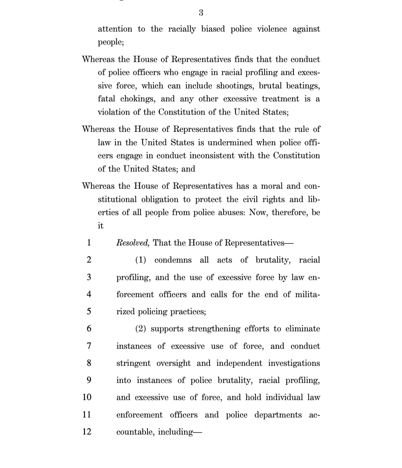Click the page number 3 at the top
pyautogui.click(x=201, y=13)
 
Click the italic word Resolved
pyautogui.click(x=133, y=243)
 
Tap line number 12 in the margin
pyautogui.click(x=87, y=432)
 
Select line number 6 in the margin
pyautogui.click(x=89, y=329)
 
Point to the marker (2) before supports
pyautogui.click(x=141, y=329)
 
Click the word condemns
pyautogui.click(x=173, y=260)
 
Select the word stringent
pyautogui.click(x=133, y=363)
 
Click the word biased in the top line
pyautogui.click(x=213, y=29)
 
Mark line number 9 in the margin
pyautogui.click(x=89, y=380)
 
